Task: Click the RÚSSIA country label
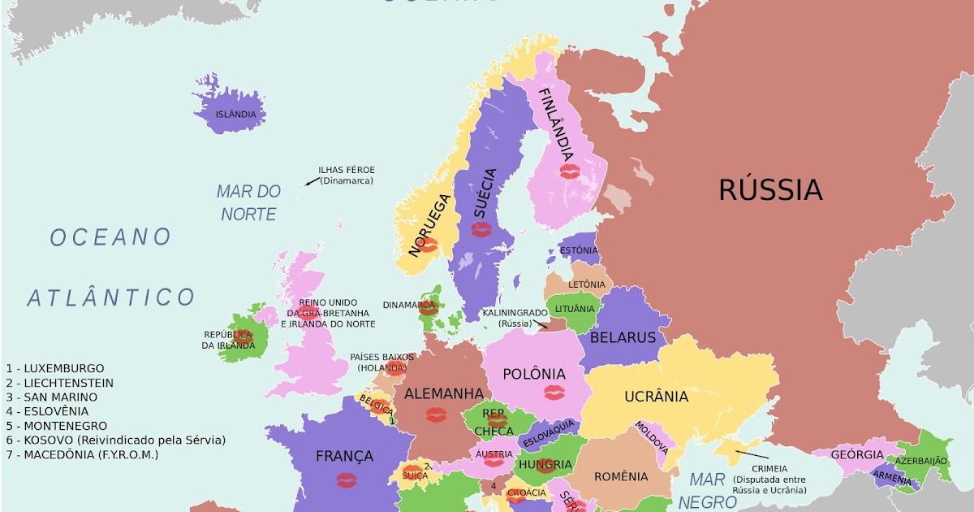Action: (770, 190)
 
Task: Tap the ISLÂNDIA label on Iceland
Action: (235, 115)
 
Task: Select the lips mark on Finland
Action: (571, 171)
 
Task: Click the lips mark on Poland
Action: (554, 393)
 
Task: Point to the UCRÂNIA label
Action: (656, 397)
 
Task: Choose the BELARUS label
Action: (623, 337)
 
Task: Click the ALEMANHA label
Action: (444, 393)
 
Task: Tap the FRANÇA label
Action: (344, 456)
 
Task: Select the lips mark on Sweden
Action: (481, 229)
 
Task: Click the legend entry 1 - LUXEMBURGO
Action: (55, 368)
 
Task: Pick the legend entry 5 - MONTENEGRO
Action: (56, 426)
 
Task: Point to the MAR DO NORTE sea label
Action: (248, 203)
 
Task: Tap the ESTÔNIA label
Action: (579, 250)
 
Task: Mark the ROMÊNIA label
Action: (621, 476)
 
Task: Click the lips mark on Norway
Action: (428, 245)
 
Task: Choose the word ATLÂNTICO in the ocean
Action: (111, 297)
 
